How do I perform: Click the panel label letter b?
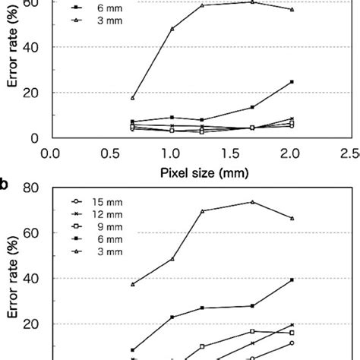point(5,185)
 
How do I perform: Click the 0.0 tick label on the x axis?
point(51,154)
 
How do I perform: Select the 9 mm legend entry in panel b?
point(97,226)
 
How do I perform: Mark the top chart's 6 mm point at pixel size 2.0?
point(292,82)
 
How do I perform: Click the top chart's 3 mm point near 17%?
point(133,98)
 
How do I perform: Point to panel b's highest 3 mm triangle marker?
point(253,202)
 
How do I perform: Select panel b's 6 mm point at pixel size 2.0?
point(292,280)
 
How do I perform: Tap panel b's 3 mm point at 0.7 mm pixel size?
point(133,284)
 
